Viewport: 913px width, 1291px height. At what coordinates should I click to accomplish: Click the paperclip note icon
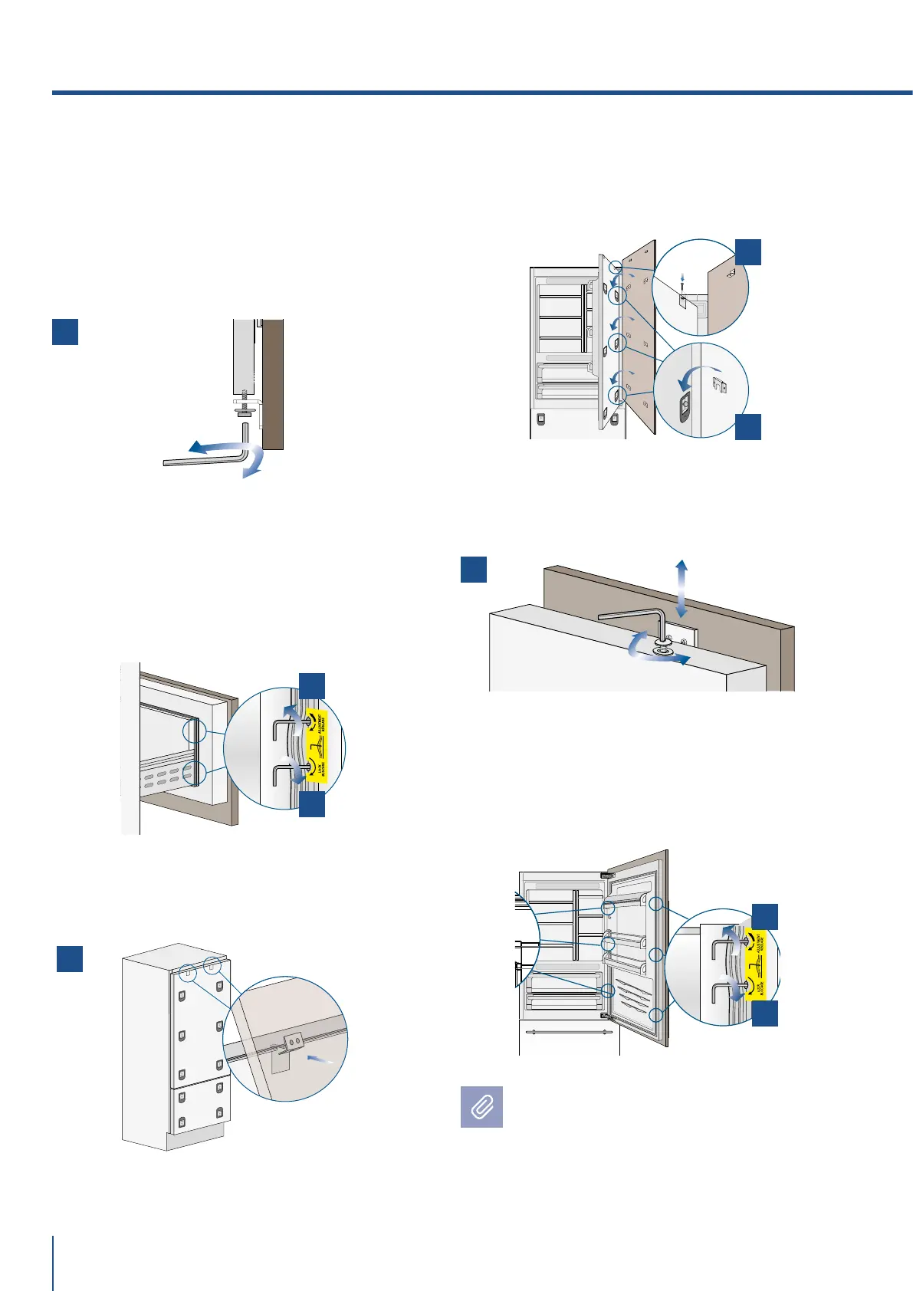pos(481,1106)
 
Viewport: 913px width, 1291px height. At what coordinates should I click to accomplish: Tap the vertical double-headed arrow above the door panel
pos(681,588)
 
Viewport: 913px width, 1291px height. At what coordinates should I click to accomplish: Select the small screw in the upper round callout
pos(681,284)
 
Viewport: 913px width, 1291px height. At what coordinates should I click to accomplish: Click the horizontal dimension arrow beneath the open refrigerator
pos(567,1032)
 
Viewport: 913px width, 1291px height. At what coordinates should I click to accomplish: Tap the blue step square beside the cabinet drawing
pos(70,959)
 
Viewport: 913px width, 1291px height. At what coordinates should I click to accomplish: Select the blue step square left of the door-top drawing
pos(474,570)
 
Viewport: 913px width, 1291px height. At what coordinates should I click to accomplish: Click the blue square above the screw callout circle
pos(748,251)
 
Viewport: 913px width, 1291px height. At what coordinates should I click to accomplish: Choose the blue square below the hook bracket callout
pos(748,427)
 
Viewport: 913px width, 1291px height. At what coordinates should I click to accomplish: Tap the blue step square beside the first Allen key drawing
pos(65,331)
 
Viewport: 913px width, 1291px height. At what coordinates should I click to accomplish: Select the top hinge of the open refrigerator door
pos(608,874)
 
